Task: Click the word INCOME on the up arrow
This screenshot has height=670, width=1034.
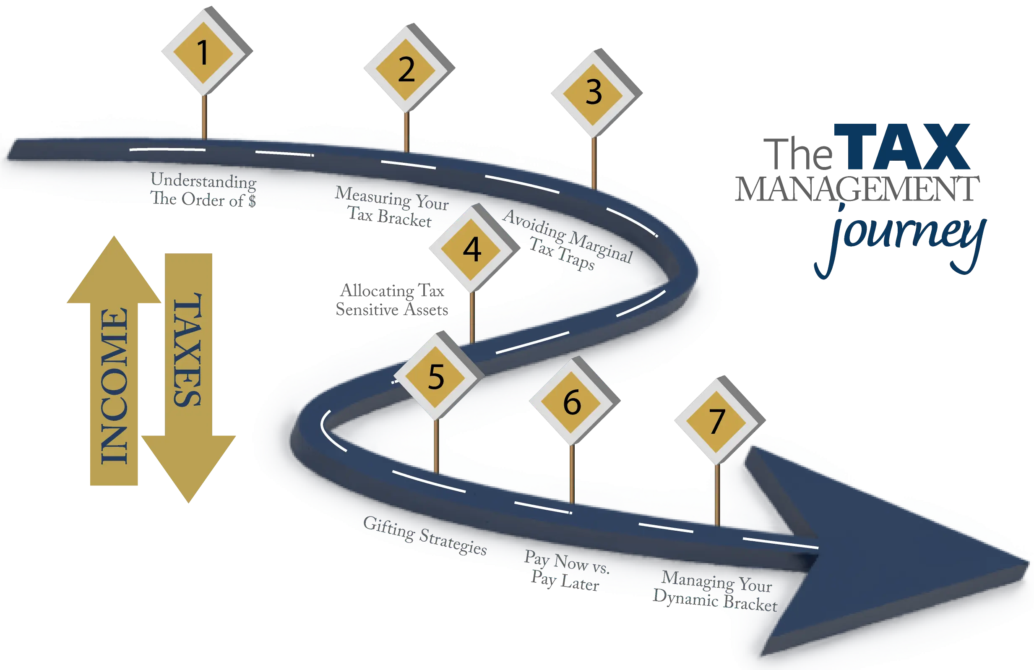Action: [x=114, y=386]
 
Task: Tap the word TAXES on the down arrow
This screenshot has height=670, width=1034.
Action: [x=188, y=350]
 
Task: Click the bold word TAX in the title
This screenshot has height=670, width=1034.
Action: [x=901, y=147]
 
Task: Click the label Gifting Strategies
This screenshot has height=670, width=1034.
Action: [x=425, y=535]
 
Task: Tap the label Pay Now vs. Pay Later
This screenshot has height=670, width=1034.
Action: [x=567, y=571]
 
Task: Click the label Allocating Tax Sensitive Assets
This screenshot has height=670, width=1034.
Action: [x=392, y=300]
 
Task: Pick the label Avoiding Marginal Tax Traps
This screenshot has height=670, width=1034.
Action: [x=567, y=240]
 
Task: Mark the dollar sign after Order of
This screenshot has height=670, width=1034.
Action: [x=252, y=201]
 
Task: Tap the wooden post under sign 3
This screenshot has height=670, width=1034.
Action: [x=594, y=163]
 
